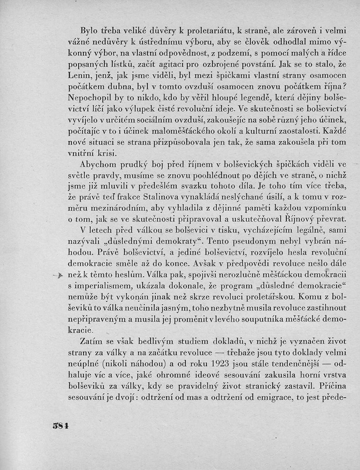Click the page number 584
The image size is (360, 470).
[x=60, y=425]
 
